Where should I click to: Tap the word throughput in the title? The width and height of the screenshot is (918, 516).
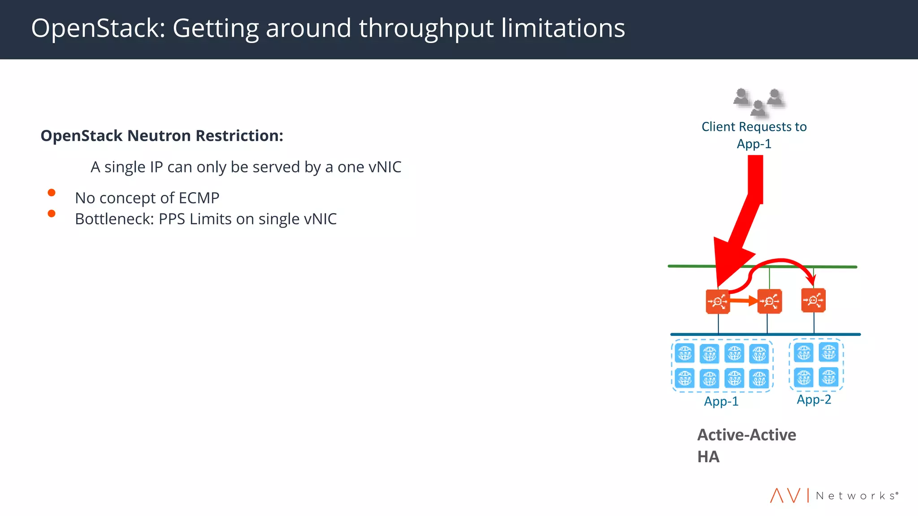[426, 29]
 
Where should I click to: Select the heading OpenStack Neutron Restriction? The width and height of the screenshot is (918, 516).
[162, 136]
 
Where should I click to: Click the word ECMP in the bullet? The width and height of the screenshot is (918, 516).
[199, 198]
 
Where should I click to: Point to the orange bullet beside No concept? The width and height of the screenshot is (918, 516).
[52, 193]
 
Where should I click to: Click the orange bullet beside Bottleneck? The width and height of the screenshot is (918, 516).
[52, 214]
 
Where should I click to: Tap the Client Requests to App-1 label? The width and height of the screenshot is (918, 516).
[754, 135]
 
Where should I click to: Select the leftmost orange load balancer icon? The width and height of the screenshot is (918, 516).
[718, 301]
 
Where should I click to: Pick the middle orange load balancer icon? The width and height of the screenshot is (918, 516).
[769, 301]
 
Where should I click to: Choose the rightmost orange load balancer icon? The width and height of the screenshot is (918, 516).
[813, 300]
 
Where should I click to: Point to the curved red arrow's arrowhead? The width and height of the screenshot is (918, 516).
[811, 280]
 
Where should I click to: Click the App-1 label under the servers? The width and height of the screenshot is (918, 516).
[721, 401]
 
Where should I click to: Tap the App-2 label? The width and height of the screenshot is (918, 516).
[814, 400]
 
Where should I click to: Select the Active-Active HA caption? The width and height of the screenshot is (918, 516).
[746, 446]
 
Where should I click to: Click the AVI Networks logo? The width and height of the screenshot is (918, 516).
[834, 495]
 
